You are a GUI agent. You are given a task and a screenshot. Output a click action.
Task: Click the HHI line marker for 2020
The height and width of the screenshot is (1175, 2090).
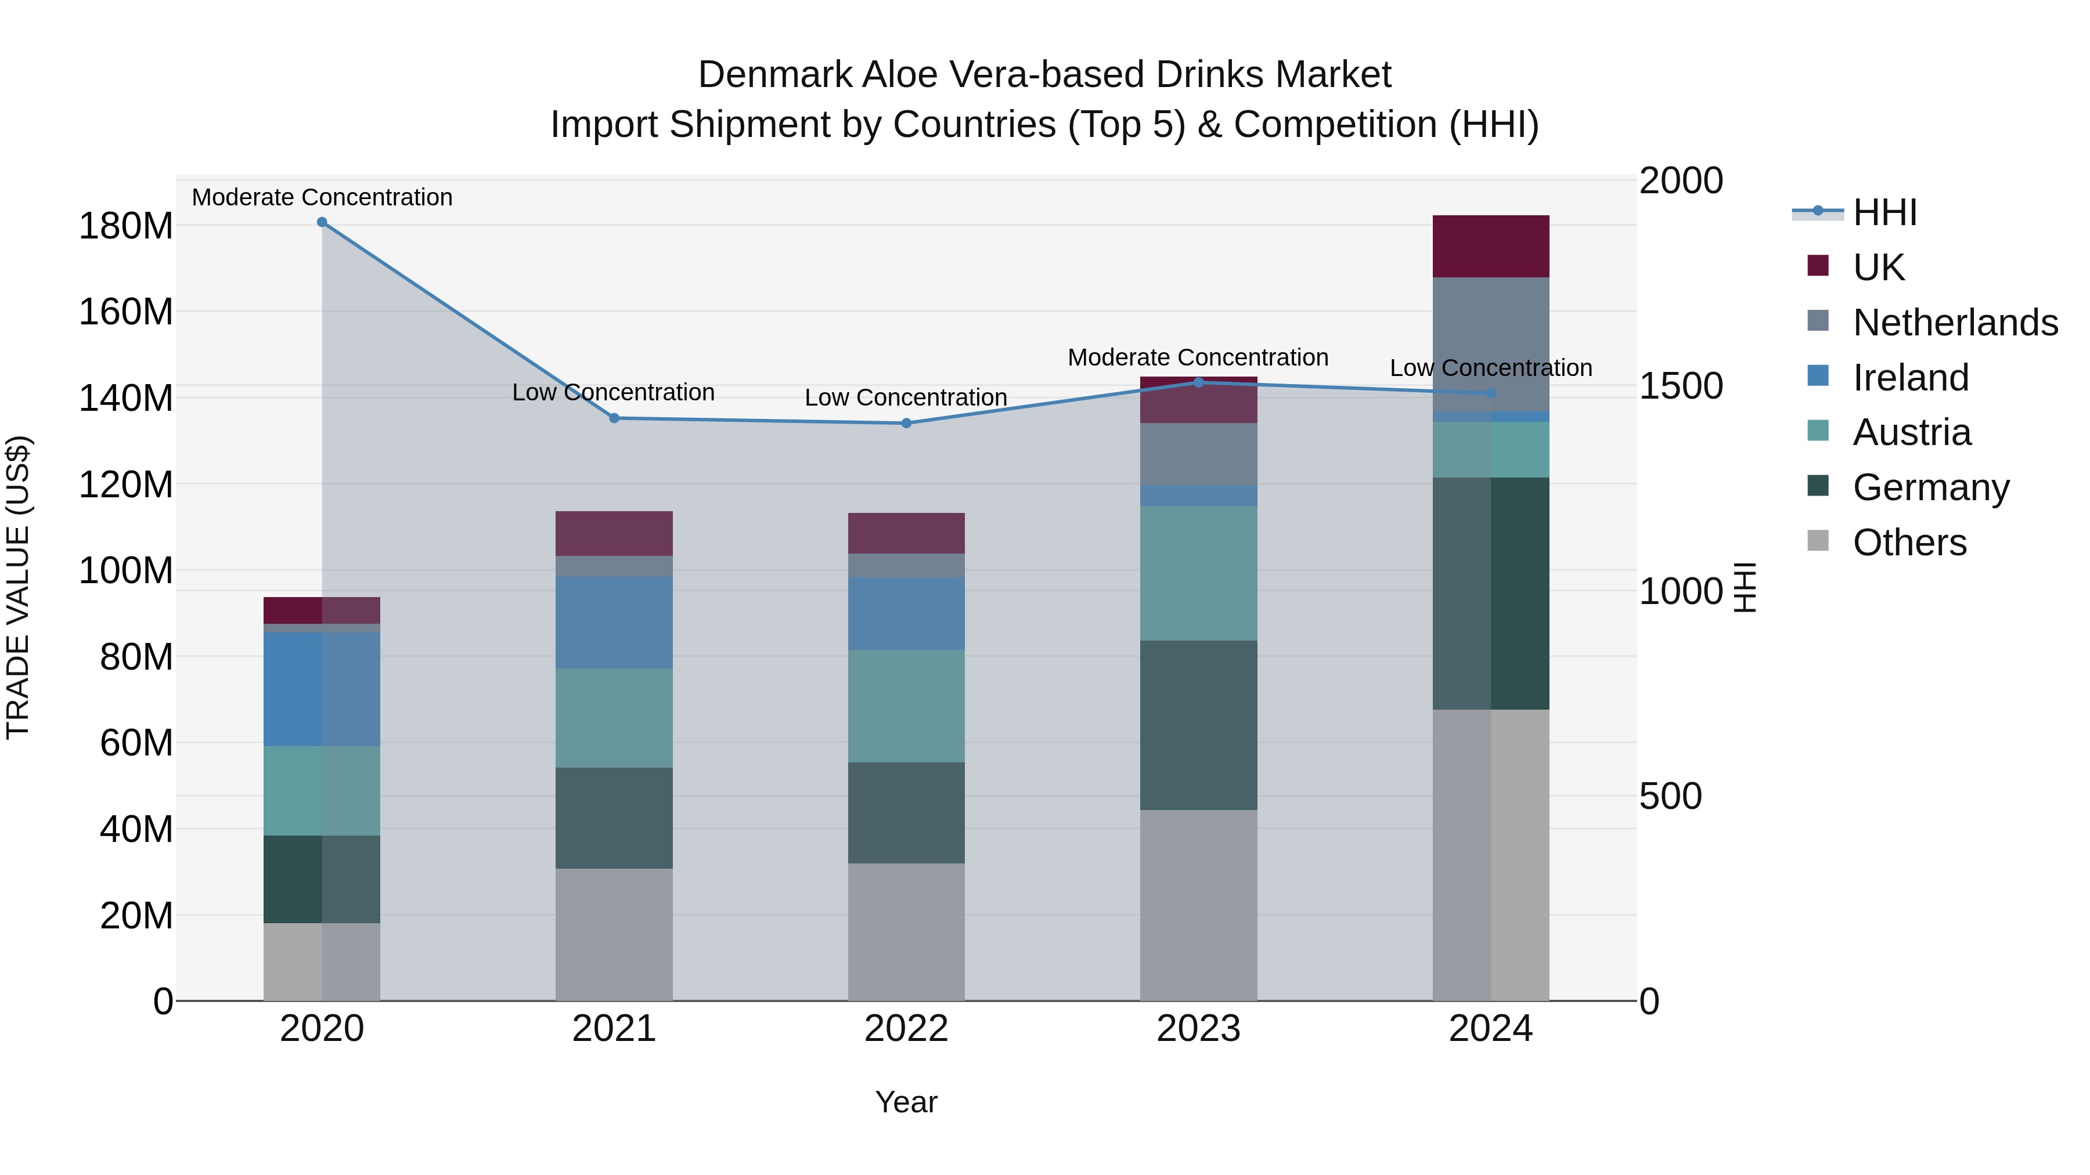click(x=322, y=222)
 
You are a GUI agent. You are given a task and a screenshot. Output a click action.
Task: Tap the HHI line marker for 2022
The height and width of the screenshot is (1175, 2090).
click(x=906, y=424)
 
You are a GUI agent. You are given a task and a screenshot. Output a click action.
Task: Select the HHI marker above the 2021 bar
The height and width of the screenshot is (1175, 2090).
click(x=614, y=418)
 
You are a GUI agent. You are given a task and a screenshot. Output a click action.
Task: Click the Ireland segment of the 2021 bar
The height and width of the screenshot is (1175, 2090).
click(x=614, y=622)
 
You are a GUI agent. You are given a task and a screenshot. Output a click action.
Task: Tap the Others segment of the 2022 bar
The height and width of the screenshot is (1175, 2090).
click(x=906, y=932)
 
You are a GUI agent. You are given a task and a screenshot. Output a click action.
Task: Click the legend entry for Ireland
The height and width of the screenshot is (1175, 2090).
click(x=1910, y=378)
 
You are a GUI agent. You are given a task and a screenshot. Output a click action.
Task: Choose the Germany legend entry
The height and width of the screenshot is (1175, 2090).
click(x=1930, y=487)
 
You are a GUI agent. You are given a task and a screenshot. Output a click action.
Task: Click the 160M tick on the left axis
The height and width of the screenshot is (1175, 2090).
click(x=126, y=312)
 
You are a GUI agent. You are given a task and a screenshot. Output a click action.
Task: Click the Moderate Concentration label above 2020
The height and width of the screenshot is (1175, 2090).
click(x=322, y=197)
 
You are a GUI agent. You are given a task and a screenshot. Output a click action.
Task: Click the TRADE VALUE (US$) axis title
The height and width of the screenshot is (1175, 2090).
click(x=18, y=587)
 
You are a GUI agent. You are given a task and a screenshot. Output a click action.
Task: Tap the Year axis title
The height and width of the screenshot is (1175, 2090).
click(x=906, y=1102)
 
